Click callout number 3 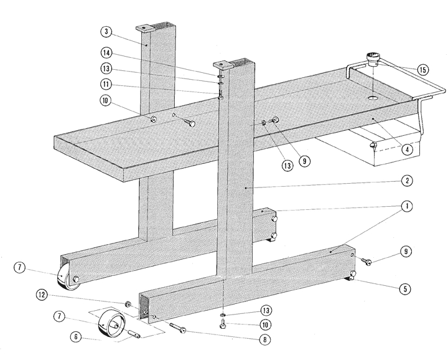pos(106,31)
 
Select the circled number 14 pos(106,54)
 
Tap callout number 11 pos(106,83)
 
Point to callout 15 pos(422,70)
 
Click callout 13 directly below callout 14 pos(106,69)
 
